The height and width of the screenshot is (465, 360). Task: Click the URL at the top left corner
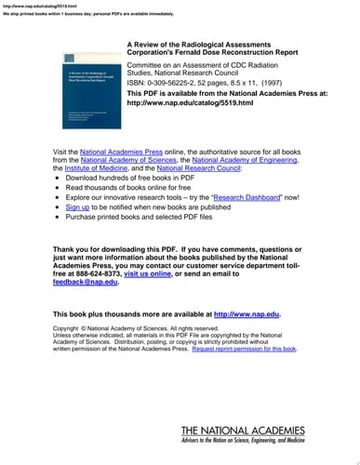coord(27,6)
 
